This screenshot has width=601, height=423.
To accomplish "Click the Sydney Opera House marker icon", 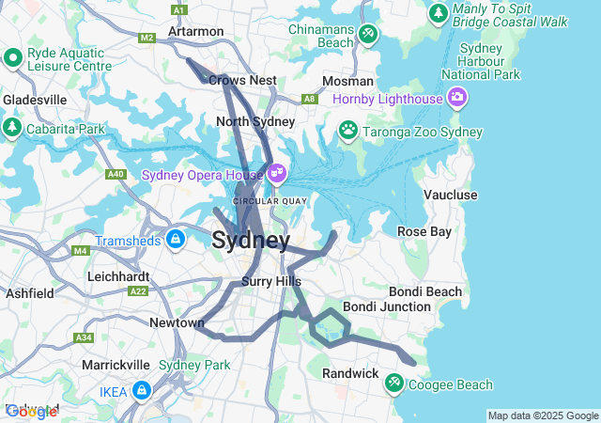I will click(x=276, y=174).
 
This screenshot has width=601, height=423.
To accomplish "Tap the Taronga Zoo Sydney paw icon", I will click(x=348, y=130).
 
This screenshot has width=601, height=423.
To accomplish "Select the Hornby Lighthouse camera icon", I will click(x=457, y=97).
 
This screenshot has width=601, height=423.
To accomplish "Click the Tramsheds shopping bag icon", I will click(x=175, y=240).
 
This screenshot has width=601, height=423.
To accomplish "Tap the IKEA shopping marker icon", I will click(x=141, y=389).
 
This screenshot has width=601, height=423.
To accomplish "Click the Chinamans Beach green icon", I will click(x=368, y=35).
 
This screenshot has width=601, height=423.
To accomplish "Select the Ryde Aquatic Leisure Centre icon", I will click(x=13, y=58).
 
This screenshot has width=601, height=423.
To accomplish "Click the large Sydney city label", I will click(x=251, y=241).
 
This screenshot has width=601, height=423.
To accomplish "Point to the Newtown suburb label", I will click(x=177, y=322).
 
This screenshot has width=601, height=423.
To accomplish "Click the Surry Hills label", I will click(x=270, y=281).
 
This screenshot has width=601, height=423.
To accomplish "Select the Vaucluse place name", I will click(x=451, y=195).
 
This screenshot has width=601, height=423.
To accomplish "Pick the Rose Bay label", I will click(x=424, y=231).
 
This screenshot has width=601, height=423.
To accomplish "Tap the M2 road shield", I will click(x=146, y=38).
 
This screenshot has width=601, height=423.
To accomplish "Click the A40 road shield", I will click(x=116, y=174).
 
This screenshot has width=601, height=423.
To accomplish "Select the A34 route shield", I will click(x=85, y=337).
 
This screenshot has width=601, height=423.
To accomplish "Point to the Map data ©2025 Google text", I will click(x=543, y=415).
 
